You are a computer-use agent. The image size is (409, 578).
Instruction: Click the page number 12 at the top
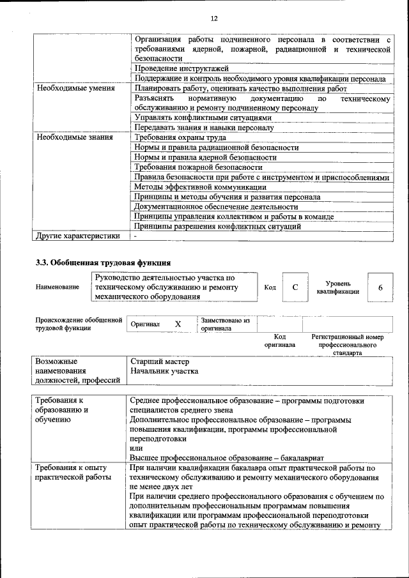(x=214, y=18)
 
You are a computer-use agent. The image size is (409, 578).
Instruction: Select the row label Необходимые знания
(x=75, y=137)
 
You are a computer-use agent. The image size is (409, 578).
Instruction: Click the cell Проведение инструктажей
(x=182, y=68)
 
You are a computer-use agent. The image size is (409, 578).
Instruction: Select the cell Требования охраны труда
(x=181, y=137)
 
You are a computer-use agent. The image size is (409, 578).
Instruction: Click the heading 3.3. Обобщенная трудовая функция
(x=103, y=262)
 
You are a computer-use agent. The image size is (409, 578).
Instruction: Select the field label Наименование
(x=58, y=287)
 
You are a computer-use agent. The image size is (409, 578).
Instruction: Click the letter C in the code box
(x=295, y=287)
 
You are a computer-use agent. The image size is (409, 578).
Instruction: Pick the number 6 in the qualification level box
(x=380, y=287)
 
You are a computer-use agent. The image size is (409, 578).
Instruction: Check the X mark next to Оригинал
(x=178, y=324)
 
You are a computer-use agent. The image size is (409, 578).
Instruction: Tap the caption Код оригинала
(x=280, y=340)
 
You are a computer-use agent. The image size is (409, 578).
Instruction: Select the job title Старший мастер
(x=155, y=361)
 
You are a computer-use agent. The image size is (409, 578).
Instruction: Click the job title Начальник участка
(x=164, y=371)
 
